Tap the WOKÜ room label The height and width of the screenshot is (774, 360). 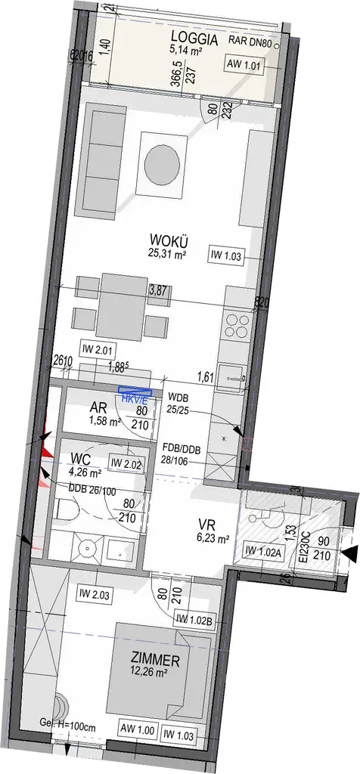click(x=167, y=242)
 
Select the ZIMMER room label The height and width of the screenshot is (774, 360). click(x=154, y=661)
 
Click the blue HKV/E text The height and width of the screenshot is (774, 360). click(x=135, y=400)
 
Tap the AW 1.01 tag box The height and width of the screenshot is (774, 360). click(x=244, y=65)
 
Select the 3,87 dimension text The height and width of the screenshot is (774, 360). click(x=157, y=289)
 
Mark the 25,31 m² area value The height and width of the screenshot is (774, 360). click(x=168, y=255)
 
